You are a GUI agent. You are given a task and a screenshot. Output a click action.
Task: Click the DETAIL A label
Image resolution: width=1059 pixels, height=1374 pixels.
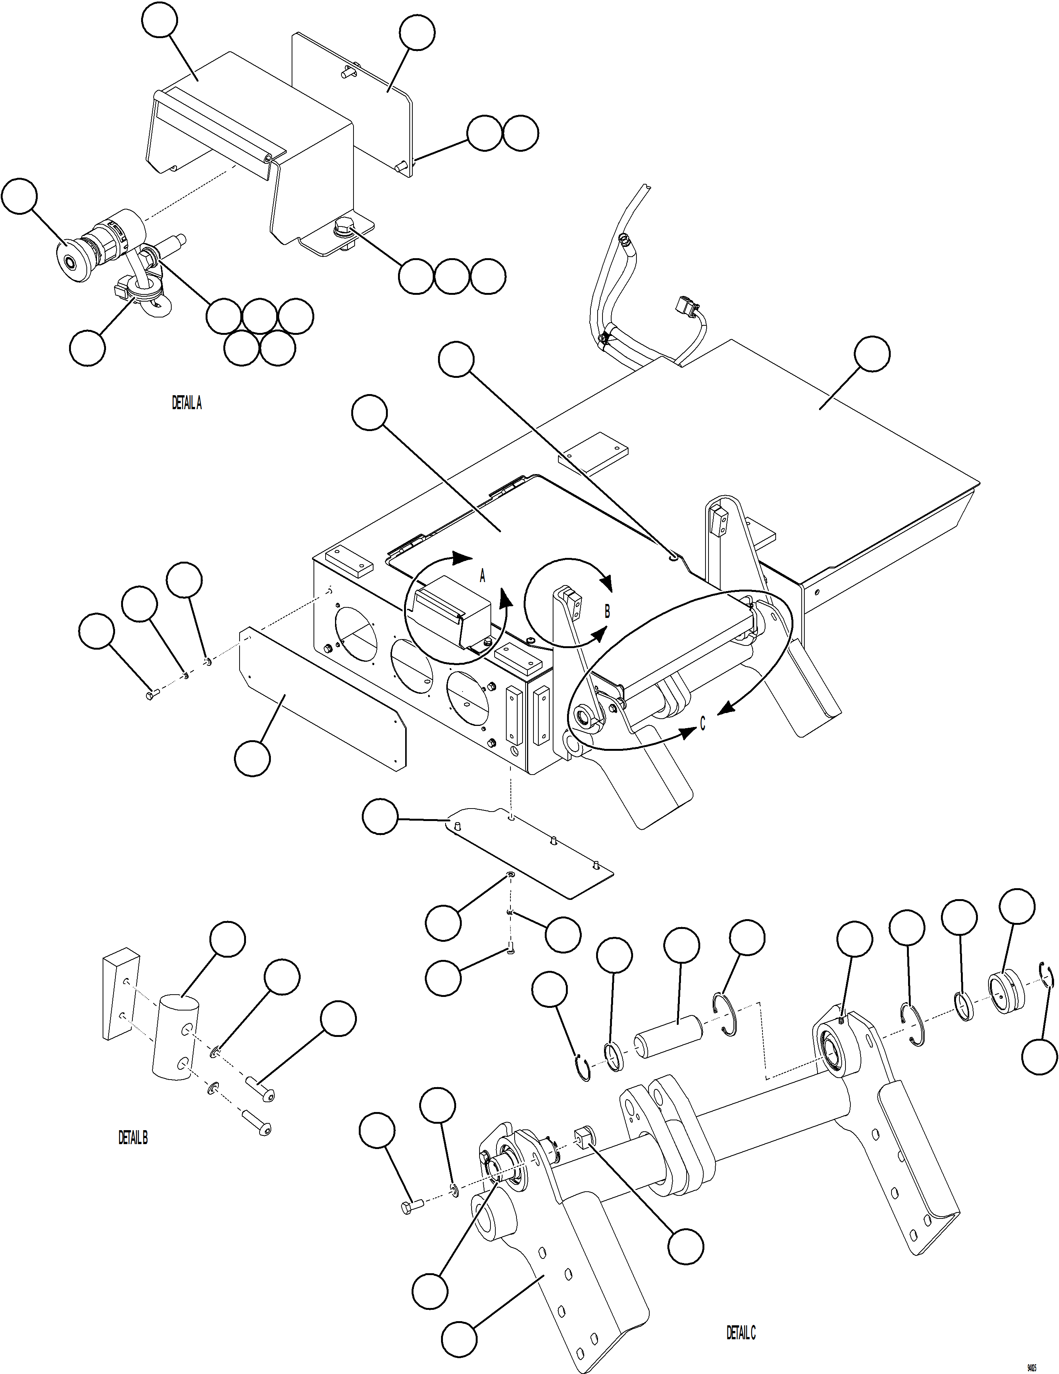point(187,403)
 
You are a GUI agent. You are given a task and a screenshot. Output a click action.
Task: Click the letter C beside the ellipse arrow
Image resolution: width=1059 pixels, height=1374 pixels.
point(702,724)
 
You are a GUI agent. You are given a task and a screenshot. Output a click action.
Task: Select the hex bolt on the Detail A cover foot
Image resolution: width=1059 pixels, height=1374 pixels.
point(344,227)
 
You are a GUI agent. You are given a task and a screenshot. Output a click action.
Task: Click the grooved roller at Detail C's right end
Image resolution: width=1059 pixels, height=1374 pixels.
point(1007,992)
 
